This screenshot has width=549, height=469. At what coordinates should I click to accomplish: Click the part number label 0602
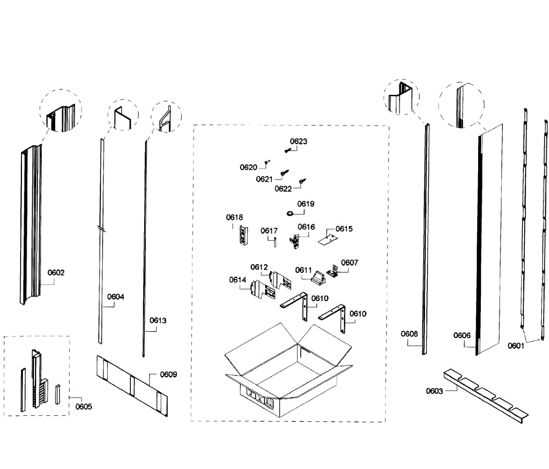(x=56, y=273)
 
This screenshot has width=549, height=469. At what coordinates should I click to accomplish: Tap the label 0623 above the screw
(x=298, y=142)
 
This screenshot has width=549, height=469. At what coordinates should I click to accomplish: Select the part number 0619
(x=306, y=204)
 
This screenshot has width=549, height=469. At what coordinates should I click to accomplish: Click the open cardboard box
(x=288, y=371)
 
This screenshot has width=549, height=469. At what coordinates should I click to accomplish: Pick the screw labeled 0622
(x=302, y=182)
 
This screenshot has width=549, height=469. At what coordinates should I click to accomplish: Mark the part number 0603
(x=434, y=391)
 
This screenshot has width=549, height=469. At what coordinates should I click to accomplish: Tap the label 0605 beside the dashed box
(x=84, y=406)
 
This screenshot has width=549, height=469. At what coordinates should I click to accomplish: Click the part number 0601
(x=516, y=346)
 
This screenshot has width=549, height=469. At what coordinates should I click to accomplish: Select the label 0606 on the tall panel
(x=462, y=335)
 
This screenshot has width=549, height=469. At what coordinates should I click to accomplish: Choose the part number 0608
(x=409, y=334)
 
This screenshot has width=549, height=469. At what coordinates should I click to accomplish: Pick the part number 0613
(x=158, y=321)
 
